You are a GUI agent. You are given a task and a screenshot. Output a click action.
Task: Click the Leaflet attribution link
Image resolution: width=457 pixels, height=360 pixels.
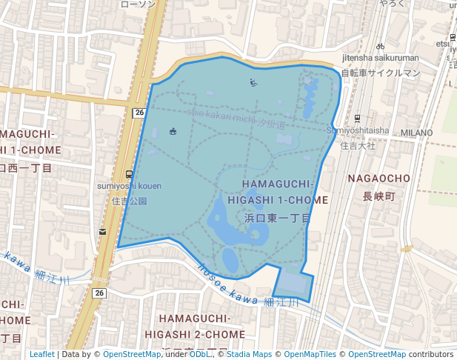[41, 354]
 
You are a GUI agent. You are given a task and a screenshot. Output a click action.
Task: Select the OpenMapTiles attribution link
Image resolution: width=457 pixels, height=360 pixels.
[310, 354]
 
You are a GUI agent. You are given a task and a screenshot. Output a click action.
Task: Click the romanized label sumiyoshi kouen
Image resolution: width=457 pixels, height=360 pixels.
[129, 186]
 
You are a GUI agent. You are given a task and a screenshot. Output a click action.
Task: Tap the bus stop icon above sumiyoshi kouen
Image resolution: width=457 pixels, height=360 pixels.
[129, 175]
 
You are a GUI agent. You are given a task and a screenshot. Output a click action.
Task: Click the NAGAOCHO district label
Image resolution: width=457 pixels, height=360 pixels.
[378, 179]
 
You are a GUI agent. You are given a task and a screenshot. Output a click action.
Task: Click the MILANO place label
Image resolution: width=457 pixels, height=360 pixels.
[416, 133]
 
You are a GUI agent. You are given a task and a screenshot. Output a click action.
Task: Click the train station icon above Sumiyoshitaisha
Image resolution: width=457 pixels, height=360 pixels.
[358, 119]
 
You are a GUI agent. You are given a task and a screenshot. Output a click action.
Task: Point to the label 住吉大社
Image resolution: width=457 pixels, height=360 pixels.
[358, 146]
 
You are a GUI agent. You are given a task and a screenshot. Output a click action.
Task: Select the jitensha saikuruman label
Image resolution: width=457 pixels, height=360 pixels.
[380, 58]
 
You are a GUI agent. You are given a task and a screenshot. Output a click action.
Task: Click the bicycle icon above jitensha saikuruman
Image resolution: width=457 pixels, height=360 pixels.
[380, 46]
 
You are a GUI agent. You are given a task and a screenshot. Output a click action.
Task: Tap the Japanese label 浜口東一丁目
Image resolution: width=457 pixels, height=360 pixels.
[277, 218]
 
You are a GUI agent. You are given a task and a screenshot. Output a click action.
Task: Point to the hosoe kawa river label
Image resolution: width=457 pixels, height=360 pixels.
[227, 285]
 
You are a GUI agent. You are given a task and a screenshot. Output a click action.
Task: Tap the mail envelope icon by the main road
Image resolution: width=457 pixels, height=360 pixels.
[102, 233]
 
